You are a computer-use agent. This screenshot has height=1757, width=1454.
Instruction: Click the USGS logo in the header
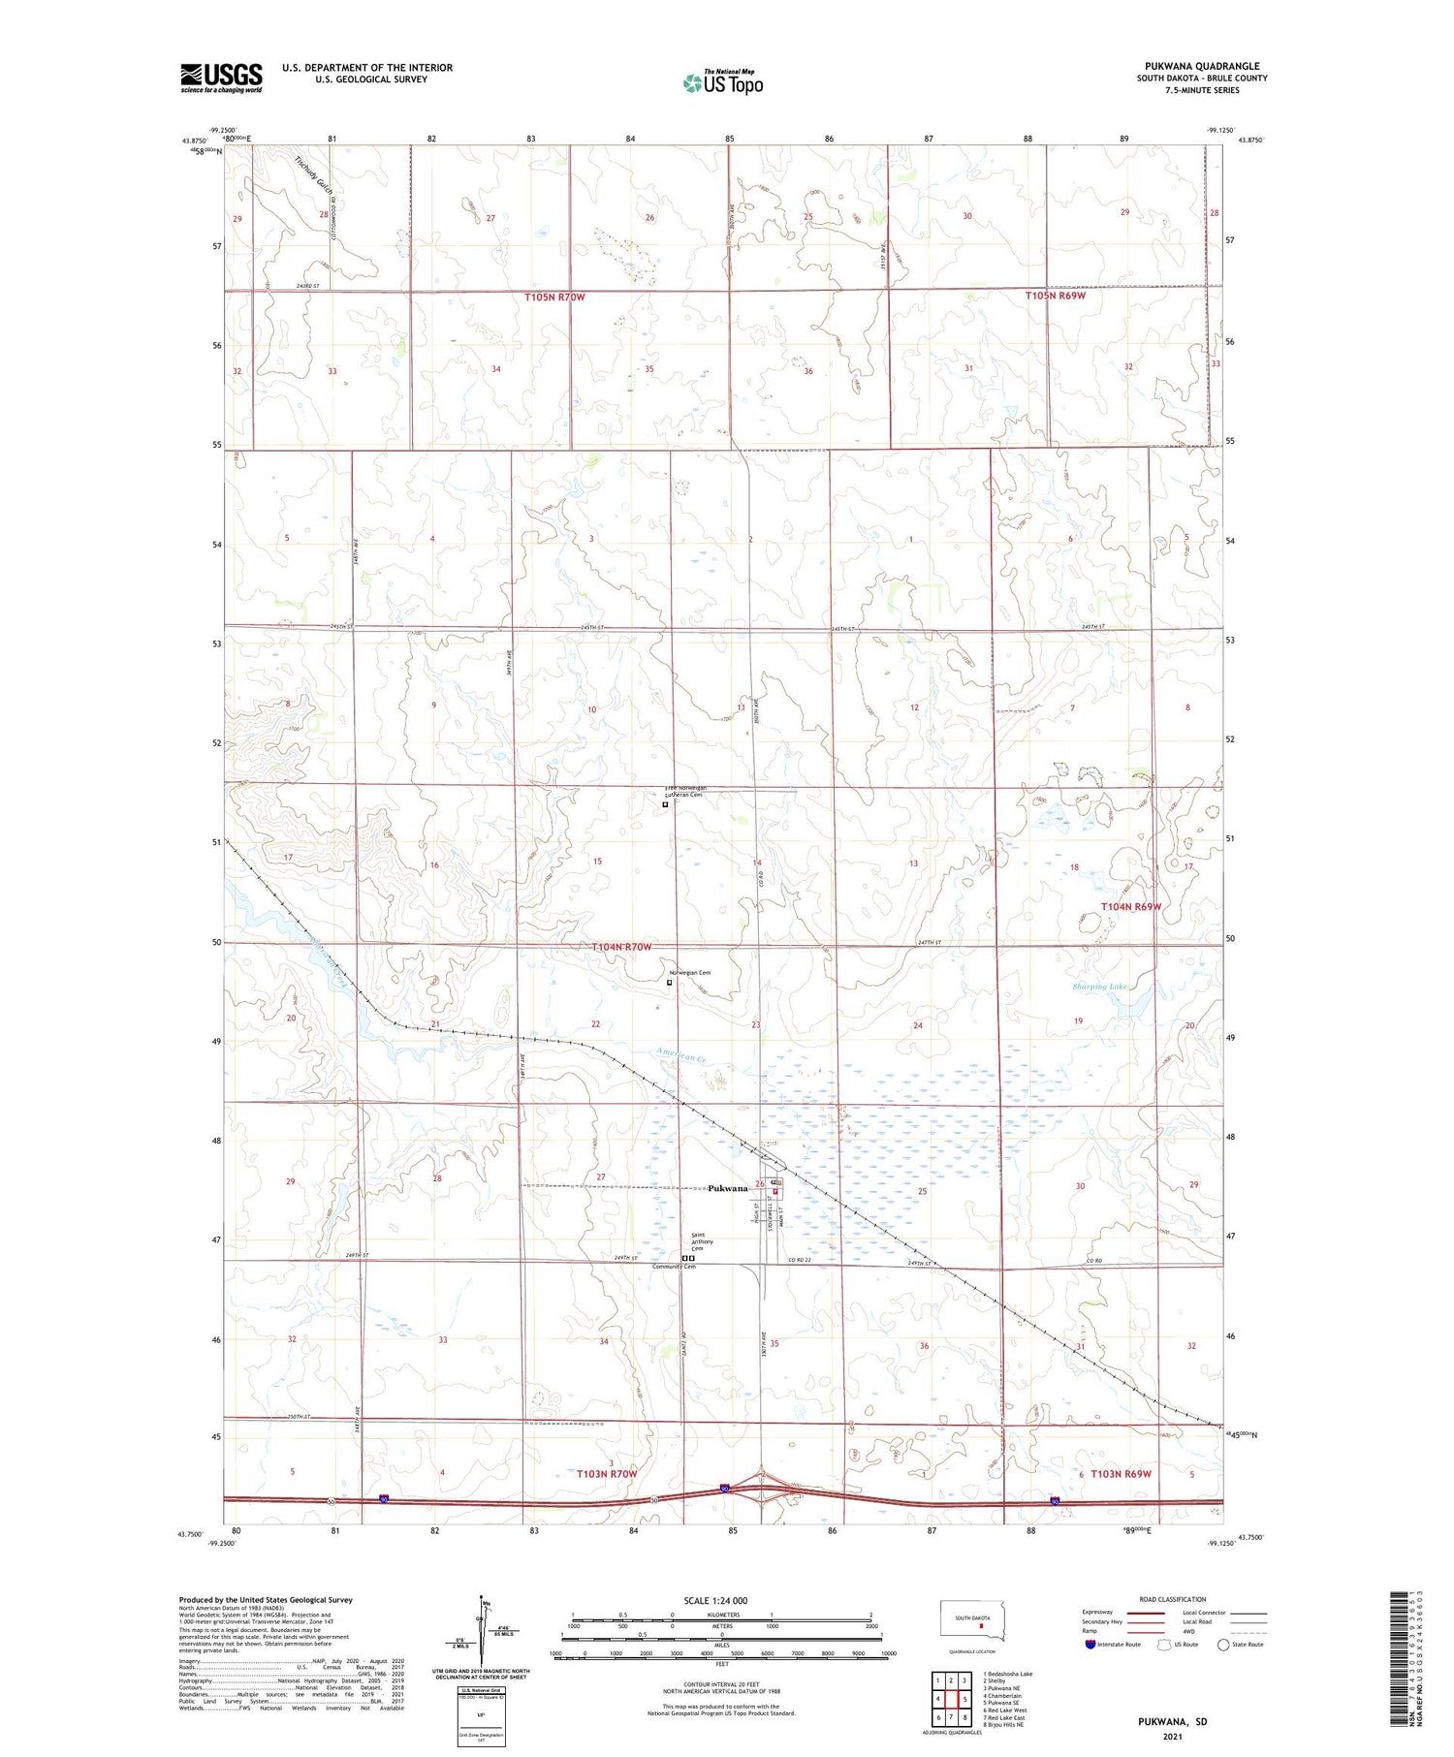(221, 78)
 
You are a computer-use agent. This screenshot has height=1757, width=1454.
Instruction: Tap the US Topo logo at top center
(722, 83)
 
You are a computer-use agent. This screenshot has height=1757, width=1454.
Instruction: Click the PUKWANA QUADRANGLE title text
(1202, 66)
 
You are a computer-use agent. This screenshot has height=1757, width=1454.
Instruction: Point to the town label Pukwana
(727, 1188)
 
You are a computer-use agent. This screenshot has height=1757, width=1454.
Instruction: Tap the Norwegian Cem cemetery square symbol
(669, 982)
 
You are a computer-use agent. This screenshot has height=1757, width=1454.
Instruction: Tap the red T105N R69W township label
(1055, 296)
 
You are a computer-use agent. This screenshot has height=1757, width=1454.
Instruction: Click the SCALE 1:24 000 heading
(715, 1600)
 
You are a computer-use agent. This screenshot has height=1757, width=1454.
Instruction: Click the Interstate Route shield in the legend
(1090, 1644)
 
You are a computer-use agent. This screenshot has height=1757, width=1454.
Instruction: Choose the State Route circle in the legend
(1224, 1644)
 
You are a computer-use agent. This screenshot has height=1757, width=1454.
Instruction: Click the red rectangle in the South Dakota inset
(981, 1629)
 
